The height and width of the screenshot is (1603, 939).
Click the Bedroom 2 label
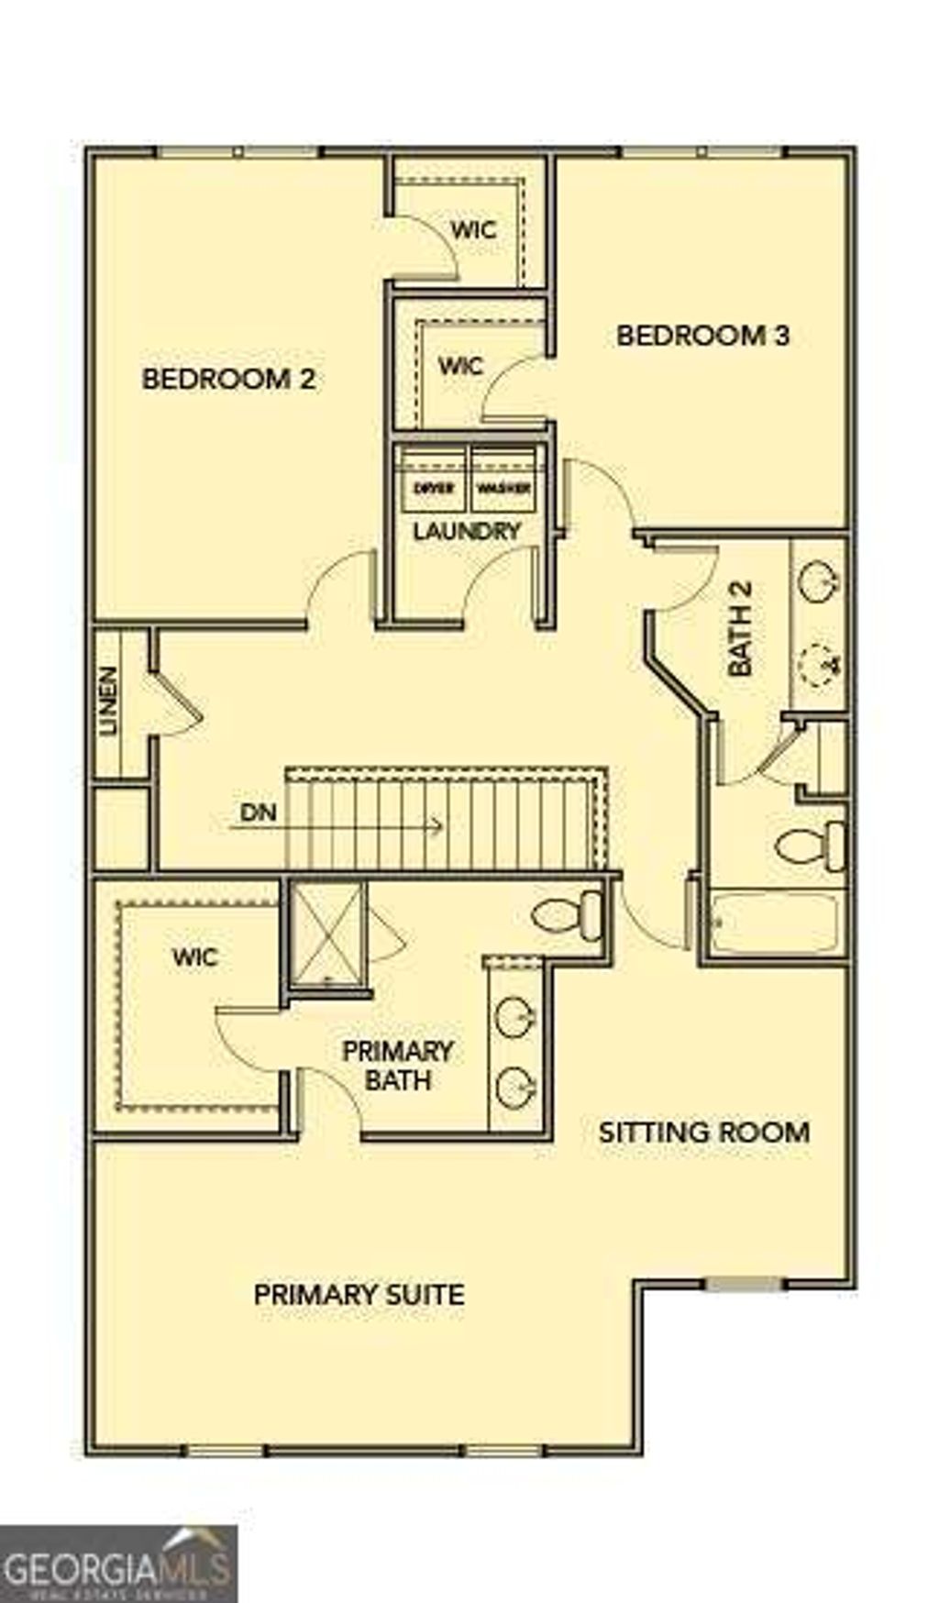(x=228, y=379)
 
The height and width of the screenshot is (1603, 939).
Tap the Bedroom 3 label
(x=702, y=336)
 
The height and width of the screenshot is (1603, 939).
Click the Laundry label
(x=467, y=531)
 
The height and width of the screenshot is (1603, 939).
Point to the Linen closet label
(x=109, y=701)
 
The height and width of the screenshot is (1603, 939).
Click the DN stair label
(x=258, y=813)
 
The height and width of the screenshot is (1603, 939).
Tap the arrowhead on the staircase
(x=438, y=825)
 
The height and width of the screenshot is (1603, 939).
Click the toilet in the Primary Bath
(x=568, y=914)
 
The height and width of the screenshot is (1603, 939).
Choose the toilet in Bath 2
(x=811, y=846)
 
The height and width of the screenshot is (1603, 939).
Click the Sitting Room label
(x=704, y=1132)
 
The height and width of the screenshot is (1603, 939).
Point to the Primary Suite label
(x=359, y=1295)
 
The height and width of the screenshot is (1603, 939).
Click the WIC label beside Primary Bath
(x=195, y=957)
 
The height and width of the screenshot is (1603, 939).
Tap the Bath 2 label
(x=740, y=628)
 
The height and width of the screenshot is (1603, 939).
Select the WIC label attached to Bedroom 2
(x=473, y=228)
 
